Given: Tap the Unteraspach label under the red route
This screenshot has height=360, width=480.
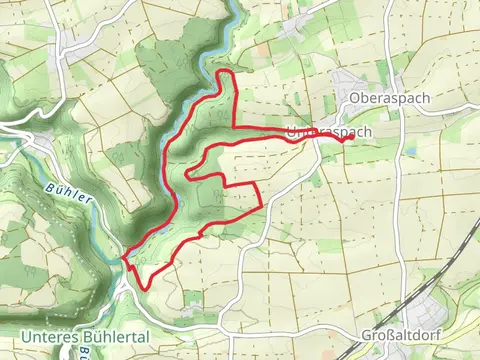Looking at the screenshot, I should pyautogui.click(x=329, y=131).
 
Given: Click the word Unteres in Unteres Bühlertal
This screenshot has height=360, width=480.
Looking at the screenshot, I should pyautogui.click(x=50, y=336).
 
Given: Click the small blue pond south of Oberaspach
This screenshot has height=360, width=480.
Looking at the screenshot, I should pyautogui.click(x=409, y=151).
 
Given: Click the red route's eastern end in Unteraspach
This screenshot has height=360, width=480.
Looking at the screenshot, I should pyautogui.click(x=346, y=139).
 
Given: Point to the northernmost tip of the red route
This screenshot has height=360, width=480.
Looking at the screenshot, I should pyautogui.click(x=225, y=72).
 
